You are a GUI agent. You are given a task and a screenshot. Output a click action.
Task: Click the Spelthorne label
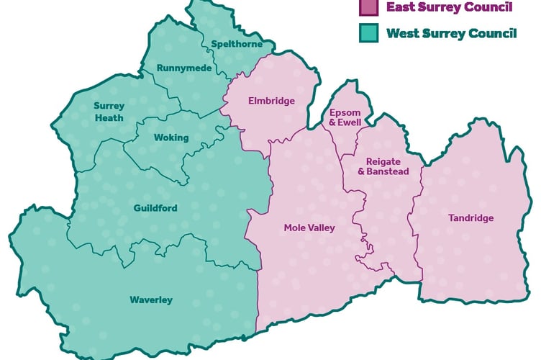[232, 45]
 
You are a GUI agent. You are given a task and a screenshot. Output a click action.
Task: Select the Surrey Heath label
[109, 112]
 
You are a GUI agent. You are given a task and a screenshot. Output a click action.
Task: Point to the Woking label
[171, 138]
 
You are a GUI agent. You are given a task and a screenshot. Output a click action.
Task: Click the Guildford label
[155, 208]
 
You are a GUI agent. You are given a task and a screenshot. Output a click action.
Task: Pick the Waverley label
[151, 300]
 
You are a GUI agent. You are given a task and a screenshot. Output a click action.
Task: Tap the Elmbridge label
[271, 101]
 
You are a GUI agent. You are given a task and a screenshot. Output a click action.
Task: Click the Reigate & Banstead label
[383, 166]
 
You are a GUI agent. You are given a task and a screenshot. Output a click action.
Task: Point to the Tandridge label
[471, 218]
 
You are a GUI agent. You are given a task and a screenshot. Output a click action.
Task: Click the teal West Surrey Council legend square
[368, 33]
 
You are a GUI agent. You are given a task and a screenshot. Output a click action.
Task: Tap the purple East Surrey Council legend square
[368, 8]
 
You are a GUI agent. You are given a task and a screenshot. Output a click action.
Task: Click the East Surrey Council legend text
[449, 8]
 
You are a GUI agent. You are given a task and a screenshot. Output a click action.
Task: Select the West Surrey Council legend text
[451, 33]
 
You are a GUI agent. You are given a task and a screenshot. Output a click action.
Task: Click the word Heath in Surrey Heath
[109, 117]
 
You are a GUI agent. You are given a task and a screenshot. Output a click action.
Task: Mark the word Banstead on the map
[388, 171]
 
